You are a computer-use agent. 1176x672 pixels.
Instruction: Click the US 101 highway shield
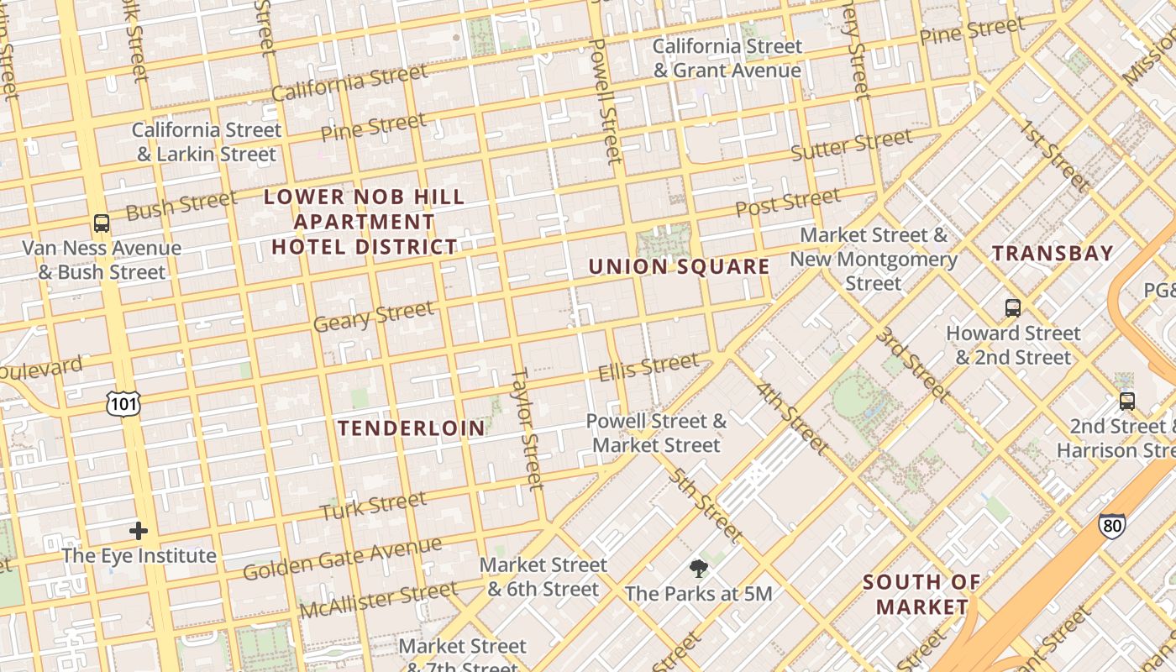123,404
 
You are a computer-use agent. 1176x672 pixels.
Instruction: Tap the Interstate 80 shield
1111,526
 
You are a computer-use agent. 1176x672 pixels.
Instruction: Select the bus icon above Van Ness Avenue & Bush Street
102,223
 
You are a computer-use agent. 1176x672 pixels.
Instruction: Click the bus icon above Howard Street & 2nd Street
1013,308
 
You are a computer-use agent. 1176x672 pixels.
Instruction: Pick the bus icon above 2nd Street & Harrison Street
1127,402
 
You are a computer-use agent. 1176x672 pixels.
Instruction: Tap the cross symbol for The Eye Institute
139,531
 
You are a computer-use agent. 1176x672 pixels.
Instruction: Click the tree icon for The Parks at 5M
698,569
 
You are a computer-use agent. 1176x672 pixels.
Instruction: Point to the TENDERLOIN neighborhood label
412,428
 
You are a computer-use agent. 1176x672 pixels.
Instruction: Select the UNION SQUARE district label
679,267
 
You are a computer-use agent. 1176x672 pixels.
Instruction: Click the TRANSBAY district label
1053,253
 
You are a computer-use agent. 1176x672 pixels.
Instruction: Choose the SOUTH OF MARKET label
921,594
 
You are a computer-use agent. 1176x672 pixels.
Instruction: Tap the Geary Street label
374,317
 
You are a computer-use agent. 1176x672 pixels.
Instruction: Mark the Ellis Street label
648,368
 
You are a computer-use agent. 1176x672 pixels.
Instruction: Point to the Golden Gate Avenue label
342,559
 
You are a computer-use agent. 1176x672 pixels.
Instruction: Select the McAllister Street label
378,599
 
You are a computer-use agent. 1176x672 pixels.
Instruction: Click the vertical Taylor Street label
528,428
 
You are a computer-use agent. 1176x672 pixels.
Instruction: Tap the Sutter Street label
851,145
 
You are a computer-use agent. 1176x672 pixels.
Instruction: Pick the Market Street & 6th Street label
543,577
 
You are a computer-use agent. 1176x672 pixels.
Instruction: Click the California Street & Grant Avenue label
727,58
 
